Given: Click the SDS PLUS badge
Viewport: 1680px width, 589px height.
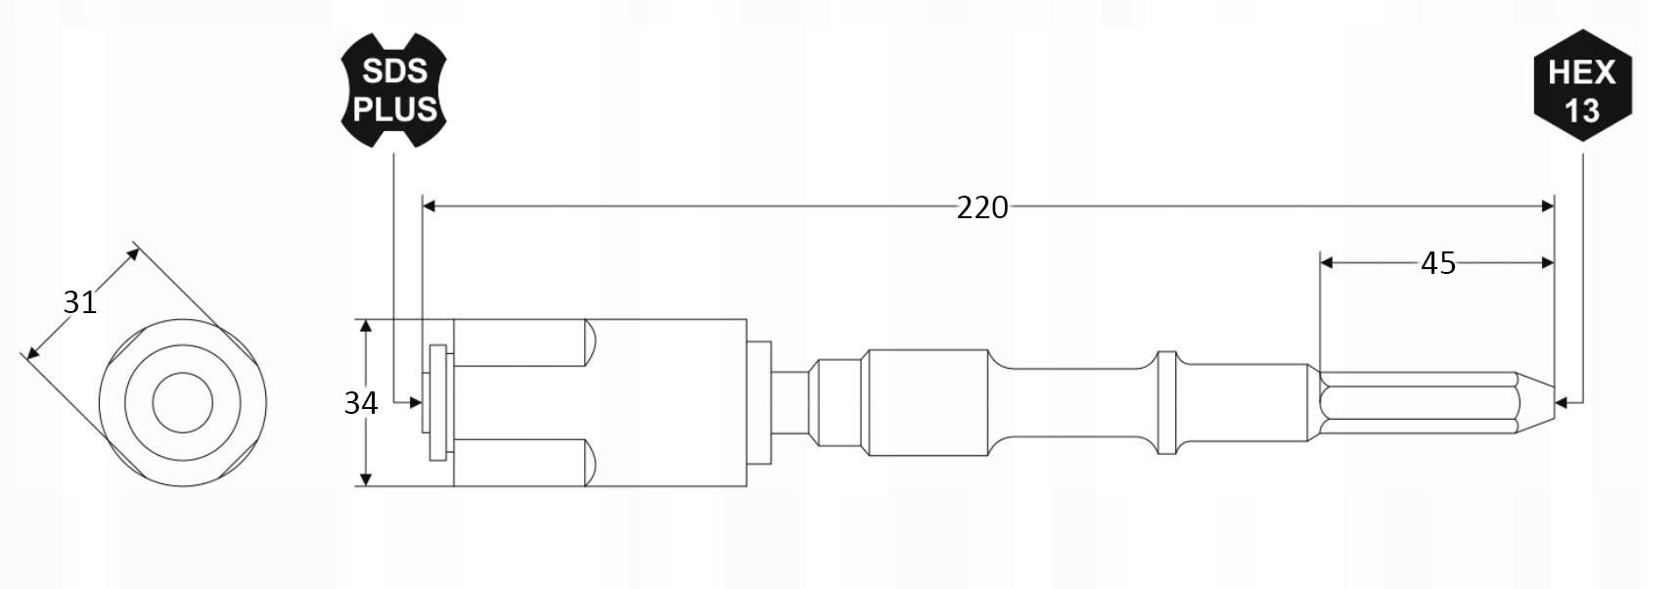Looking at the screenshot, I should click(393, 90).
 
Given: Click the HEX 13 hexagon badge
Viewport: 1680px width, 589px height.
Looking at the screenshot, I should click(1582, 90).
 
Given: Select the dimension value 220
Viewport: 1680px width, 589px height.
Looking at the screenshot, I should click(981, 207).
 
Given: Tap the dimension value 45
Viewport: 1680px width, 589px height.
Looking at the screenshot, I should click(1437, 263).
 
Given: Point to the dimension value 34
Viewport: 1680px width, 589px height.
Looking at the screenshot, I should click(360, 403).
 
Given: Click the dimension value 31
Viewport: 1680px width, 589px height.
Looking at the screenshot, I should click(79, 302).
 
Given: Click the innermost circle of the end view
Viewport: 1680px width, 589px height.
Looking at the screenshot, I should click(183, 402).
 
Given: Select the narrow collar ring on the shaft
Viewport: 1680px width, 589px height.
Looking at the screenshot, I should click(1166, 402).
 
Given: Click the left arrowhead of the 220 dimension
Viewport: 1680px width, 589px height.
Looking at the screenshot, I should click(429, 206).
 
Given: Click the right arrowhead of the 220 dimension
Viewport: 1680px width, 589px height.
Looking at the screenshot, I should click(1548, 206).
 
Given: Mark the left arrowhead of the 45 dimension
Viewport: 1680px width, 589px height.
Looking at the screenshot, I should click(1327, 262).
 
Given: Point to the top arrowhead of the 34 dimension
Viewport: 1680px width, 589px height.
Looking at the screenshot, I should click(366, 326).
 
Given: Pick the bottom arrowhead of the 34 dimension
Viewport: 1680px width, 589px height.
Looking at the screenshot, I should click(366, 479).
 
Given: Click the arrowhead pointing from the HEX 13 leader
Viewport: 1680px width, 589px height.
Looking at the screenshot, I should click(1562, 401).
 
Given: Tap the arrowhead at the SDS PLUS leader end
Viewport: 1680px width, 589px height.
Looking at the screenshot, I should click(416, 401).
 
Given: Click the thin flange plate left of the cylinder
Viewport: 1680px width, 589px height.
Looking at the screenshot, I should click(437, 402).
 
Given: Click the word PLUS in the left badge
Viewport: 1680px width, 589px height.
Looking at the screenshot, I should click(394, 110).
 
